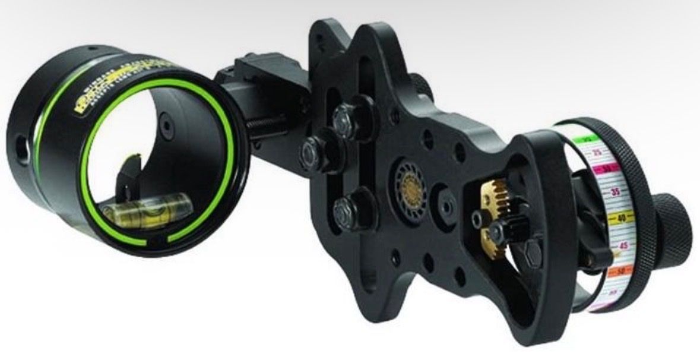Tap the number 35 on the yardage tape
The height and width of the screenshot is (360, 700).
615,191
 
